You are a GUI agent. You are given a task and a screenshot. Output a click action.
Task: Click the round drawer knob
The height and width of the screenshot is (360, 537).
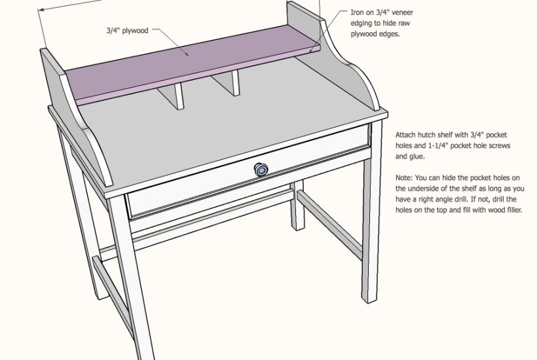click(261, 170)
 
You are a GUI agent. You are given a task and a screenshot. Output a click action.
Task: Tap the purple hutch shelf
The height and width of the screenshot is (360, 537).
click(192, 65)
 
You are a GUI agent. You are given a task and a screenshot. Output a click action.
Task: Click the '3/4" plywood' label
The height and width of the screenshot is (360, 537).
click(127, 31)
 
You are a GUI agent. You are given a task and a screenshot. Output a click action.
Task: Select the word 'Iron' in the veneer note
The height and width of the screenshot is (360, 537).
click(357, 12)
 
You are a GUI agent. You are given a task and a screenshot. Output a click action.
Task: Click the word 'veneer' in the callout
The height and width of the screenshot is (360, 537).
click(402, 12)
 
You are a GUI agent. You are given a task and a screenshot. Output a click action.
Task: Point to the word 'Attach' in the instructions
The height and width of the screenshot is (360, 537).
click(405, 135)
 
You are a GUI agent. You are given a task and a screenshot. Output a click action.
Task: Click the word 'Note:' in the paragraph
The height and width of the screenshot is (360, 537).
click(404, 178)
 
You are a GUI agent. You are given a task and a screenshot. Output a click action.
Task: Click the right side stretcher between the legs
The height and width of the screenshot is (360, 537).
click(330, 223)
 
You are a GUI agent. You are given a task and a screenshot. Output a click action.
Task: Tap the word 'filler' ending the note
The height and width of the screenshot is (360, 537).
click(513, 210)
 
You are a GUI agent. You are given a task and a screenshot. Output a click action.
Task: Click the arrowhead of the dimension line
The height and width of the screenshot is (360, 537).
click(41, 10)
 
